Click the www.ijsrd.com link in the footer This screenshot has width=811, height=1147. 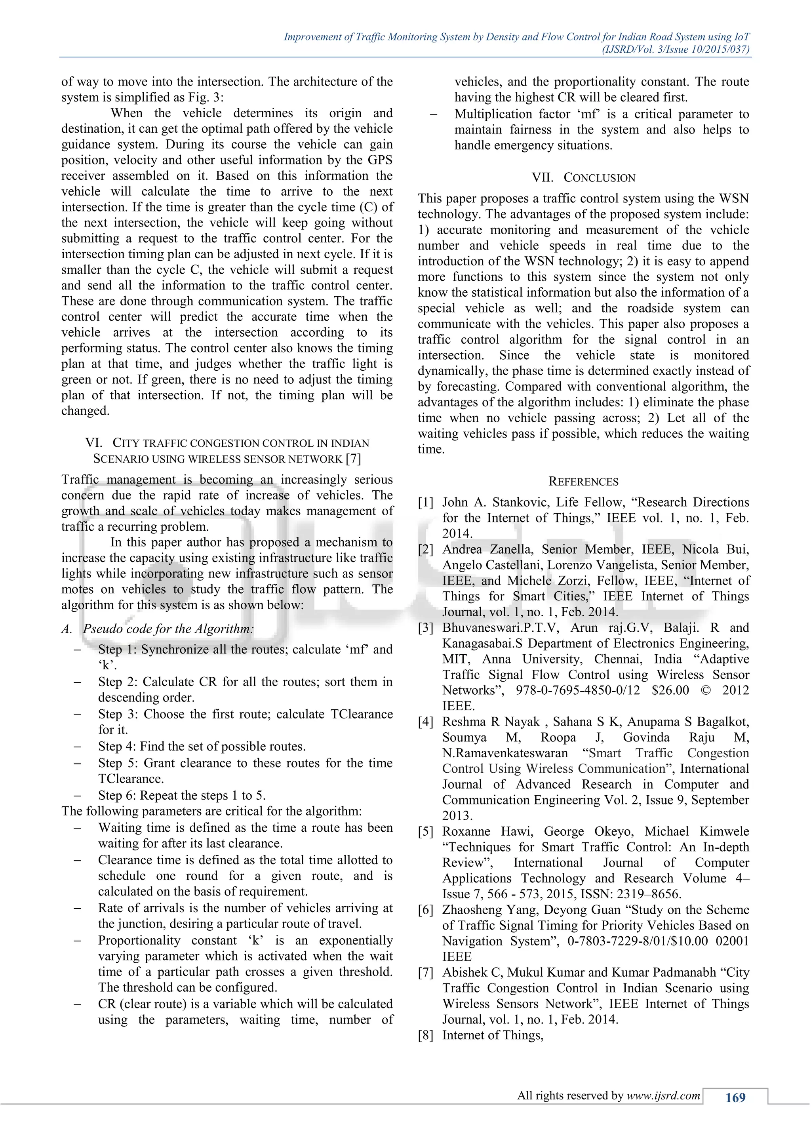point(664,1096)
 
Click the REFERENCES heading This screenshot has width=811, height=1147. point(583,482)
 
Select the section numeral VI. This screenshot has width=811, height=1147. point(93,443)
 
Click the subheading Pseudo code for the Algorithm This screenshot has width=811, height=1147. point(168,629)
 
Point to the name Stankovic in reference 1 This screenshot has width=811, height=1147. point(521,503)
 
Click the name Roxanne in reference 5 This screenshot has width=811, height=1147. point(466,832)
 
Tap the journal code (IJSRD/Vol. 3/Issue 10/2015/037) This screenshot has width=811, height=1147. point(676,50)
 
